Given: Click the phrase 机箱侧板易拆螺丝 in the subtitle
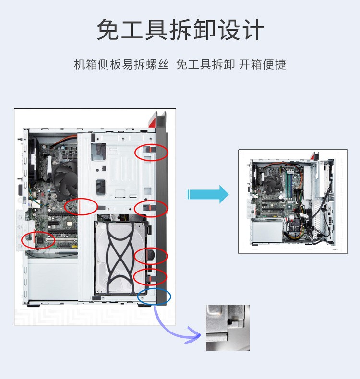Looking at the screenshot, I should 121,64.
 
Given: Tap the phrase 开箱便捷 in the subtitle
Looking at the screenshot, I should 263,64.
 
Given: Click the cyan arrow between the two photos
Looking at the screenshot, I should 207,194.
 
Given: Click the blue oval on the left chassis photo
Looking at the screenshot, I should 154,296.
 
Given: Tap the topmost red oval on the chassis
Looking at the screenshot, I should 151,152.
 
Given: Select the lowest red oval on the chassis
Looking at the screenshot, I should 150,277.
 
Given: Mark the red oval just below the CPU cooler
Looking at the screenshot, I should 81,207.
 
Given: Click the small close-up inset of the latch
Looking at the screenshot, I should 228,327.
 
